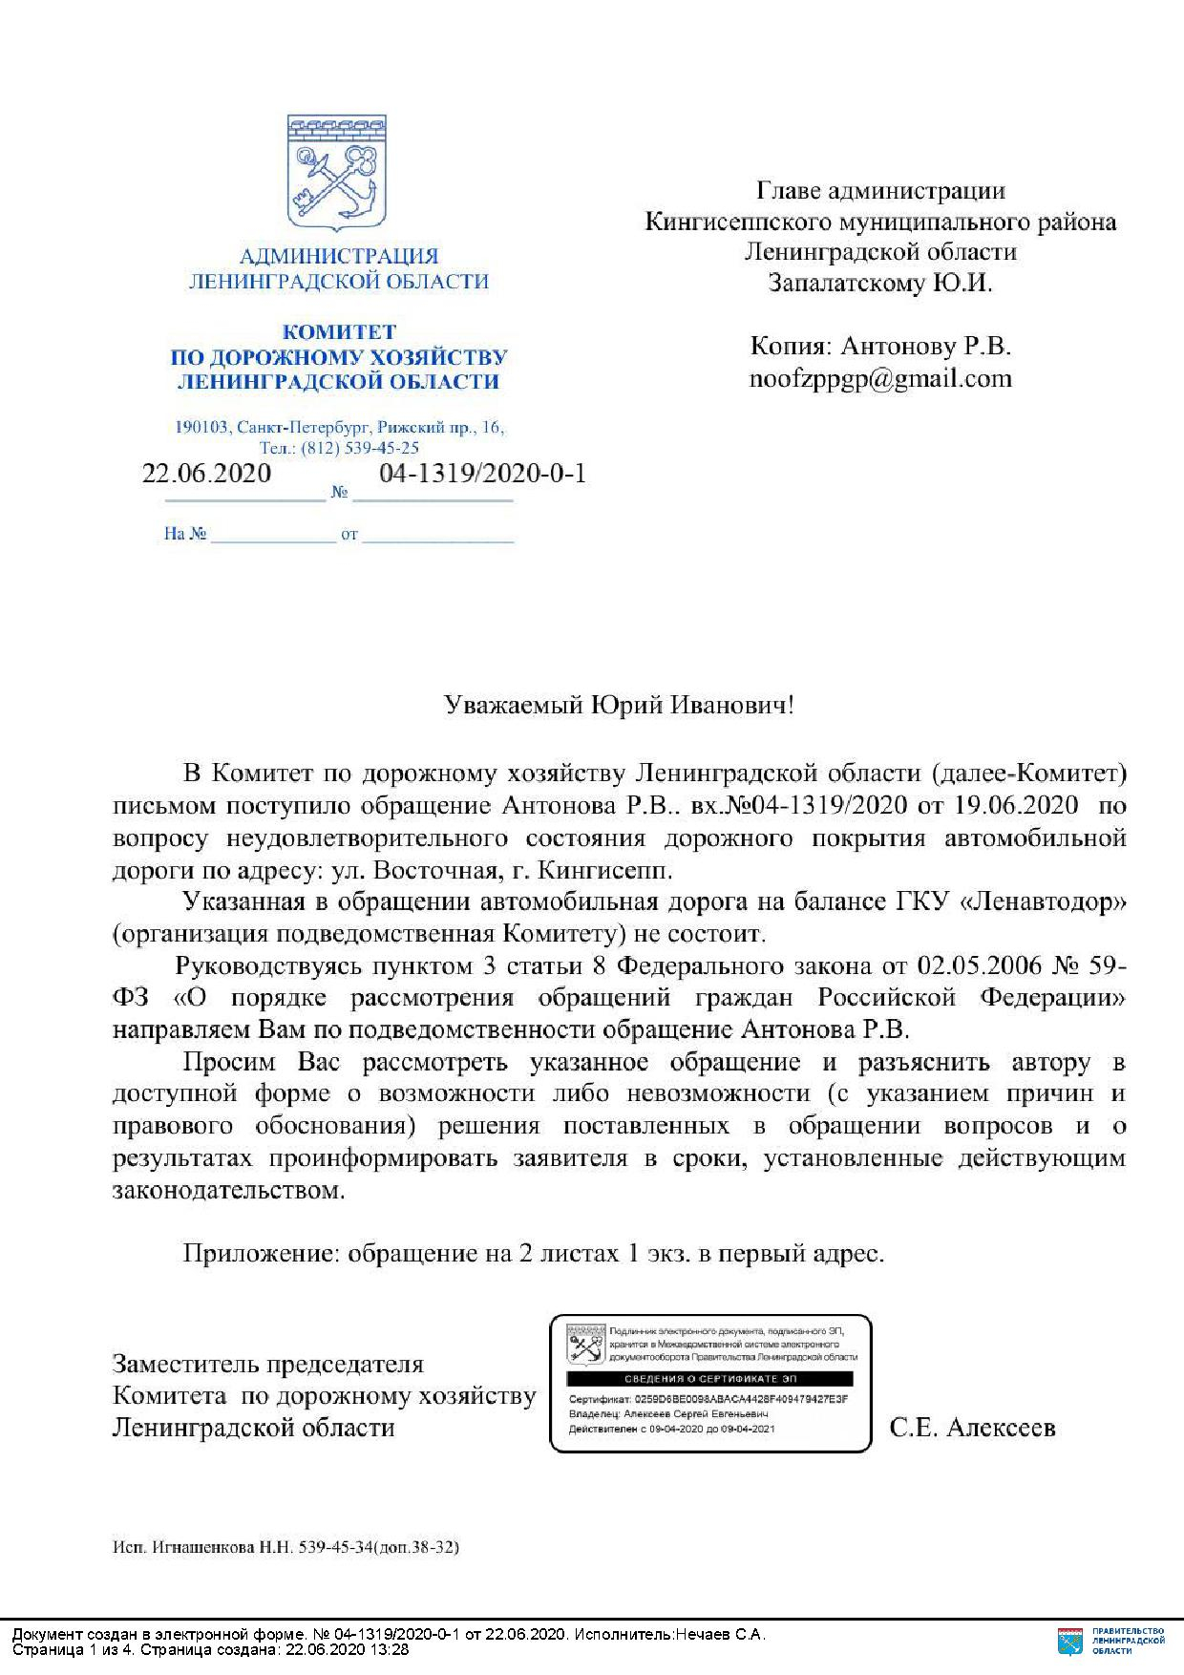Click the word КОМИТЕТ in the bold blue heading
[338, 332]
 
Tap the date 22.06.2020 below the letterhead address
[206, 473]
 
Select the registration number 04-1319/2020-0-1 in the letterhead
[482, 473]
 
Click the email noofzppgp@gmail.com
[880, 378]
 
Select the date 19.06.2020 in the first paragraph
[1016, 805]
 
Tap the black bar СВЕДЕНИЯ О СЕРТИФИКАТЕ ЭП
[709, 1379]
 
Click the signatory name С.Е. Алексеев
[972, 1428]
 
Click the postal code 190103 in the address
[201, 427]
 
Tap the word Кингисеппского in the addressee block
[739, 222]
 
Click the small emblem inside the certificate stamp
[585, 1342]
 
